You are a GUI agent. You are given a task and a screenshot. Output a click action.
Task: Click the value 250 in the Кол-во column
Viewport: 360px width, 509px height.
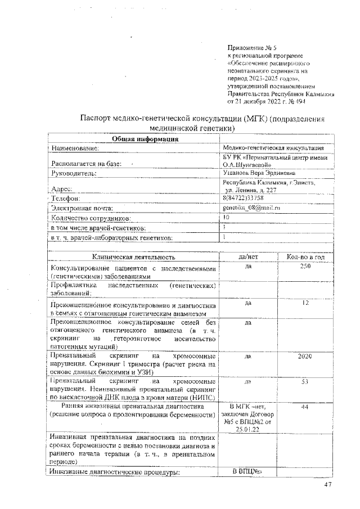click(305, 266)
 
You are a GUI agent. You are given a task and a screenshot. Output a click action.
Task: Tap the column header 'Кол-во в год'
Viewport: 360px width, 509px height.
click(305, 256)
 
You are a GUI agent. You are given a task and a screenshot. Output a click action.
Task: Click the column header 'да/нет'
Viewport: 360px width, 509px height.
click(247, 256)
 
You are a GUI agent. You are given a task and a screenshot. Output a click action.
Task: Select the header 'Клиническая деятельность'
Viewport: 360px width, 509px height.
click(134, 257)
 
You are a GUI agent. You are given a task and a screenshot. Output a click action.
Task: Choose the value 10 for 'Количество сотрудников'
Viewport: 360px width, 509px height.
click(226, 217)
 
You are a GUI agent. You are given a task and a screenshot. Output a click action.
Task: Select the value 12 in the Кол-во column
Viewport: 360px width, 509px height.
click(305, 303)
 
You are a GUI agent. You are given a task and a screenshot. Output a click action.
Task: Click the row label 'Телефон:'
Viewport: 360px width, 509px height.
click(66, 199)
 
